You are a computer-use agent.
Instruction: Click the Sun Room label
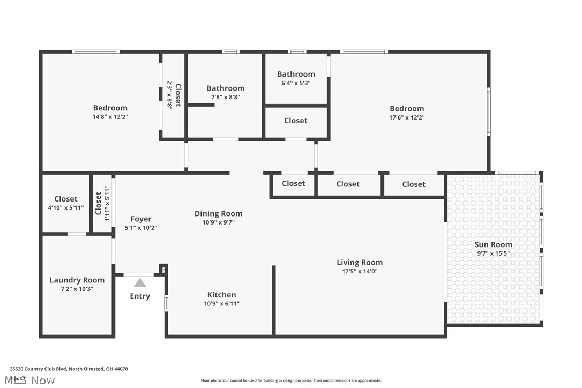(x=494, y=245)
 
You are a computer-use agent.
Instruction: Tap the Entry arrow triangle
(x=140, y=282)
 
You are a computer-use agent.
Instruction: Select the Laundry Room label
(x=77, y=280)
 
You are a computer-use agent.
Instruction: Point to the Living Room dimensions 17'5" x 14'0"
(x=360, y=271)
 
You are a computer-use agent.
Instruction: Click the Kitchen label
(x=221, y=295)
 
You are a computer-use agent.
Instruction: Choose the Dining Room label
(x=218, y=213)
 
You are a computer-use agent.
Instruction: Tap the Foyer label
(x=141, y=219)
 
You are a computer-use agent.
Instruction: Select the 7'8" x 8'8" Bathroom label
(x=226, y=88)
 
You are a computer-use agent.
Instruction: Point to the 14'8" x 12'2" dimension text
(x=110, y=117)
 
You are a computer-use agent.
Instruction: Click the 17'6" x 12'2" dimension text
(x=407, y=117)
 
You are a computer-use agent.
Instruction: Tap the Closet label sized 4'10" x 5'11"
(x=66, y=199)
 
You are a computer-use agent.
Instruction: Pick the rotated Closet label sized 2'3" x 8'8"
(x=178, y=95)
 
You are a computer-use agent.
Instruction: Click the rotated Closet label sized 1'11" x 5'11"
(x=98, y=203)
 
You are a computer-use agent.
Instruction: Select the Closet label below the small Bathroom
(x=296, y=121)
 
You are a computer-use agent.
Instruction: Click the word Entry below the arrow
(x=140, y=296)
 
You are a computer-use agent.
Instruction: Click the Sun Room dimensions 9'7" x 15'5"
(x=494, y=253)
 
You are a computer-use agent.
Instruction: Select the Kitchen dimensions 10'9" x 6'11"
(x=221, y=304)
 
